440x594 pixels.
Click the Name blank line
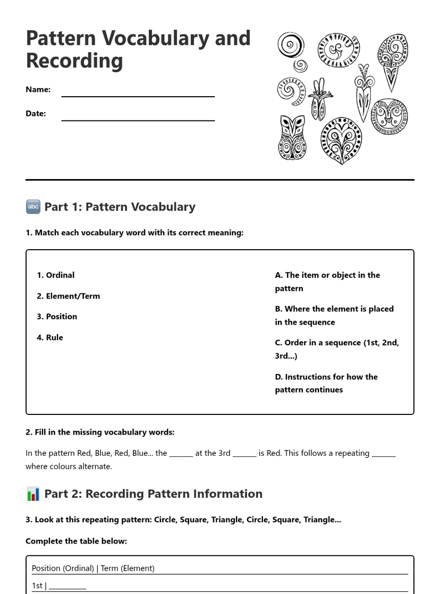pos(138,95)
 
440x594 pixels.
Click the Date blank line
pos(138,118)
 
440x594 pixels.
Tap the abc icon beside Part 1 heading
pos(33,207)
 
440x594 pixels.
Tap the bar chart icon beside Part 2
pos(33,494)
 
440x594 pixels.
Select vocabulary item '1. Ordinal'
pos(56,275)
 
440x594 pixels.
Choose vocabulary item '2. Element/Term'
pos(69,296)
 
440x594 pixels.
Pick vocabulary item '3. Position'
pos(57,317)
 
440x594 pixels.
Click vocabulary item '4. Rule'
pos(50,337)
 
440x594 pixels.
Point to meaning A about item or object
pos(327,282)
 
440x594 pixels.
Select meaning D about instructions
pos(326,383)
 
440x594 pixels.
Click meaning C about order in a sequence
pos(336,349)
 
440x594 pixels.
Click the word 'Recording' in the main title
pos(74,61)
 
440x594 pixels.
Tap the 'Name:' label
pos(38,89)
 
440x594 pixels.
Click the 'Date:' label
pos(36,113)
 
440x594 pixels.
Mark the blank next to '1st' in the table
pos(67,586)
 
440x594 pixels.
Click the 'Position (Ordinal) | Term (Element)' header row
pos(93,568)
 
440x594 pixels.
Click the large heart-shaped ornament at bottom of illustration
pos(341,141)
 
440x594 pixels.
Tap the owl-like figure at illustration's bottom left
pos(292,138)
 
